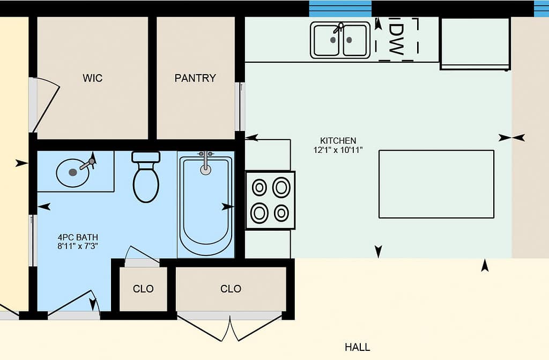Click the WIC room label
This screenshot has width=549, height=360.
93,78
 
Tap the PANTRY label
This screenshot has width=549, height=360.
195,78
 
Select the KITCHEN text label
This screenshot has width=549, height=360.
338,141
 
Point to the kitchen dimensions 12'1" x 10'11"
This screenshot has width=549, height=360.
338,150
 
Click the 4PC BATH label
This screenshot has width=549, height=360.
78,237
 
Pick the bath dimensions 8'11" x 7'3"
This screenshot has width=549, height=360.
78,246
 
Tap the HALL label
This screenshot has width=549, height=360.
358,347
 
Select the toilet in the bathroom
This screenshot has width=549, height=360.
146,177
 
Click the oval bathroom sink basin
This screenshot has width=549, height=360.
73,173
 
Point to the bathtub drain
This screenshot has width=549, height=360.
205,170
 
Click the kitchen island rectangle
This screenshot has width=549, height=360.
436,184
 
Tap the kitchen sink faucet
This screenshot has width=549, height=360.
338,27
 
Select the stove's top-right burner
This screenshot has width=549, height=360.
281,187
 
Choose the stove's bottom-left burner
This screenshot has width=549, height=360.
260,213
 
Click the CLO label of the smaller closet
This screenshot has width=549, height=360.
143,289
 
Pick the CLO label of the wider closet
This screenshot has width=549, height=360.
231,289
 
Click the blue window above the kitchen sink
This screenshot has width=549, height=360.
340,9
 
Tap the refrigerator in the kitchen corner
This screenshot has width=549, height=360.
475,44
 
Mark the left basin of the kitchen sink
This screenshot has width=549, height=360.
327,40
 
